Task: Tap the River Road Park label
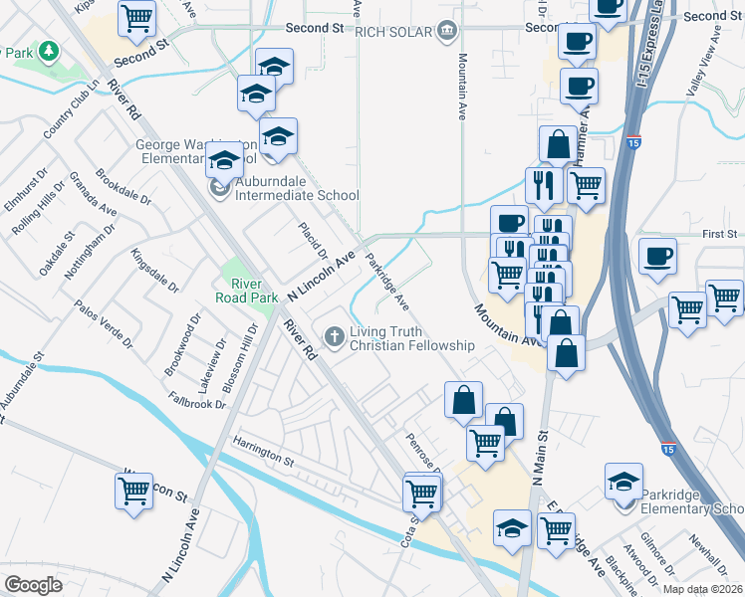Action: click(239, 290)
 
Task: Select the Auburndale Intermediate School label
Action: click(297, 195)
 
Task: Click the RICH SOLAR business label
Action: click(396, 30)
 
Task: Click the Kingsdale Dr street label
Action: click(154, 272)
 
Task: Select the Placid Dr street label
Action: click(307, 239)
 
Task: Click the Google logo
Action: click(33, 584)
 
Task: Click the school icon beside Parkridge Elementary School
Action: click(623, 482)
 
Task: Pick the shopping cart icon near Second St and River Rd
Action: click(136, 16)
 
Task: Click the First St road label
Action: click(717, 234)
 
